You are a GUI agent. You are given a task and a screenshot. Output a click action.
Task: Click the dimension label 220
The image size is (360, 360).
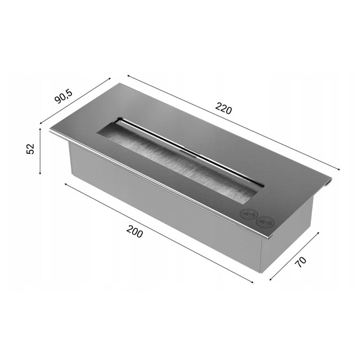tap(224, 109)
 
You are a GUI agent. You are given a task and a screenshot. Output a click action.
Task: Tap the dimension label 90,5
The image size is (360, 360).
tap(63, 96)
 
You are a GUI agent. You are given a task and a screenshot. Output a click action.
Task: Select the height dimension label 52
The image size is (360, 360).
tap(30, 149)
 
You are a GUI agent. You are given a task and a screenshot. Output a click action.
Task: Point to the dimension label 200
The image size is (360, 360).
tap(135, 231)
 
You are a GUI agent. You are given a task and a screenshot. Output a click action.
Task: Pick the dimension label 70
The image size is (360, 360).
tap(301, 262)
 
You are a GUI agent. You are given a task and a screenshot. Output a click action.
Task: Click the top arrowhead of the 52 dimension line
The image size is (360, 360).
tap(40, 129)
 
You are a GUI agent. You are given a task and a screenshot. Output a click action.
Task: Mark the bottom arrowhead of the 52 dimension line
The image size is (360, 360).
tap(40, 173)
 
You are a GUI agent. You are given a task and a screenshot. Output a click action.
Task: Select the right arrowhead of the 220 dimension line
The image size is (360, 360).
tap(338, 169)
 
